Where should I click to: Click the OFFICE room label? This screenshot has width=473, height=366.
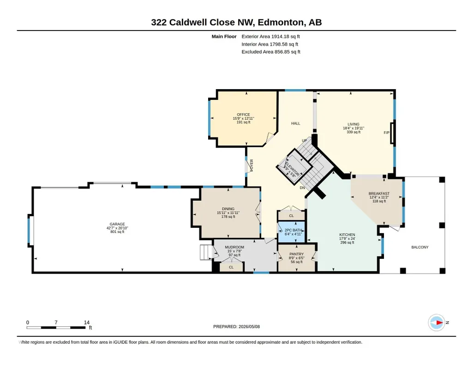pos(244,115)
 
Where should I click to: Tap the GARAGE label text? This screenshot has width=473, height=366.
pos(117,224)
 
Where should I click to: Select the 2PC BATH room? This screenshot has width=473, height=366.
pos(291,232)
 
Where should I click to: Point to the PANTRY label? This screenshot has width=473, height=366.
pos(297,254)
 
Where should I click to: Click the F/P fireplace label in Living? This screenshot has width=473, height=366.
pos(386,133)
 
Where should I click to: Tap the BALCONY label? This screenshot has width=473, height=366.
pos(420,247)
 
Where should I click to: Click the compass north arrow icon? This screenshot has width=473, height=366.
pos(437,323)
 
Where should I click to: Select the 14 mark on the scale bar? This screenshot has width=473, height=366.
pos(87,322)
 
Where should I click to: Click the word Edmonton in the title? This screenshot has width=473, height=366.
pos(281,22)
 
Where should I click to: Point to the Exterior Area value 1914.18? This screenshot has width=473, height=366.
pos(280,37)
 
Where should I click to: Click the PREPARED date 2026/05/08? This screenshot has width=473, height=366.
pos(249,326)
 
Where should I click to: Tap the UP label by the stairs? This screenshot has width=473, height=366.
pos(305,140)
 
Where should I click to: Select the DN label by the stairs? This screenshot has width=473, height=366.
pos(302,188)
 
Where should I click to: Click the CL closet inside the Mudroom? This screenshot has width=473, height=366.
pos(231,267)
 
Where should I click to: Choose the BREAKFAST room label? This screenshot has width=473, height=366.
pos(379,194)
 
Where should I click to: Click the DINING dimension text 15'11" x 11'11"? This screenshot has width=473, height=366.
pos(228,213)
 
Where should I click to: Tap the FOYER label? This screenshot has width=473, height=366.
pos(251,165)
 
